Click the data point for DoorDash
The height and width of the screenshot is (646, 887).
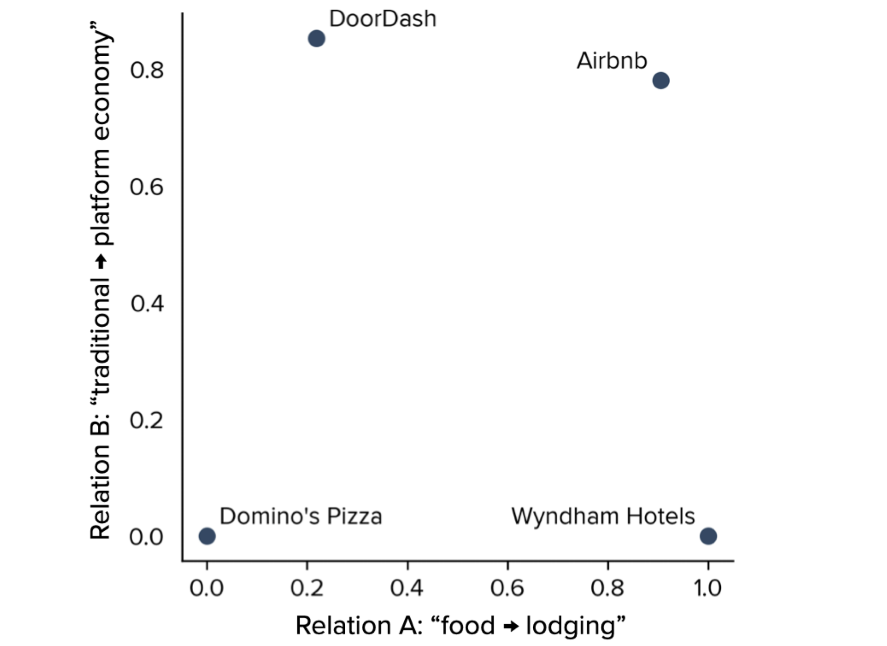pos(316,38)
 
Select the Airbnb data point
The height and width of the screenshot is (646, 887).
pos(661,80)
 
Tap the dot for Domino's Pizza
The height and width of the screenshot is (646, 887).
pos(207,536)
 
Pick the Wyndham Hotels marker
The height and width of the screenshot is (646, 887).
pos(708,536)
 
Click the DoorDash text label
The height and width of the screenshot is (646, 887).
pos(383,19)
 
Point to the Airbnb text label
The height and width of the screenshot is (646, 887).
pos(612,61)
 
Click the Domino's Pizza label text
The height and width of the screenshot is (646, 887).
pos(301,516)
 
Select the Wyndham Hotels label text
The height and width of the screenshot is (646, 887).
pos(603,516)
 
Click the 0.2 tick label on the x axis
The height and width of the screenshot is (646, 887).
pos(307,588)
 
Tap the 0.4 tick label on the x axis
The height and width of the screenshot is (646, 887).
pos(407,588)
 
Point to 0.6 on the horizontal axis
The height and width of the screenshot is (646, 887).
pos(507,588)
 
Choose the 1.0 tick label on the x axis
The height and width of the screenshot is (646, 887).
pos(708,588)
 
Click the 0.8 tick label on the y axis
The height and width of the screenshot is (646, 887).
pos(147,70)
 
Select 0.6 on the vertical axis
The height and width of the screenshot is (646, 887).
pos(147,187)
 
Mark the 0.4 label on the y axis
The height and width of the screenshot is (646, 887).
pos(147,304)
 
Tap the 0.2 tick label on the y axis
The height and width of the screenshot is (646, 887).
pos(147,420)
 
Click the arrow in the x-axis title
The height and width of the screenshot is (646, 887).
pos(511,627)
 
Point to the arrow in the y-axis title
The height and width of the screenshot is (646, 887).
pos(101,261)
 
